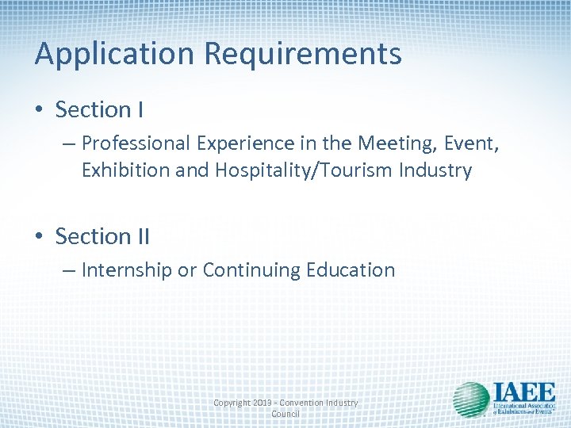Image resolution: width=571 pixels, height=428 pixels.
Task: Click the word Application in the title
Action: (x=115, y=55)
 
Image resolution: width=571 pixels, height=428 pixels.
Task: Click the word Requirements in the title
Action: (x=303, y=55)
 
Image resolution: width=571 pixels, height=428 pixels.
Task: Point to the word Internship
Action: (x=126, y=270)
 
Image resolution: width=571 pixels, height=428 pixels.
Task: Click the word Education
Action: (x=350, y=270)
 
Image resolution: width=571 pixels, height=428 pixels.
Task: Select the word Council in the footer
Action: (x=285, y=414)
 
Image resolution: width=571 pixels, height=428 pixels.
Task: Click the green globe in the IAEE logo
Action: (x=470, y=401)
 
